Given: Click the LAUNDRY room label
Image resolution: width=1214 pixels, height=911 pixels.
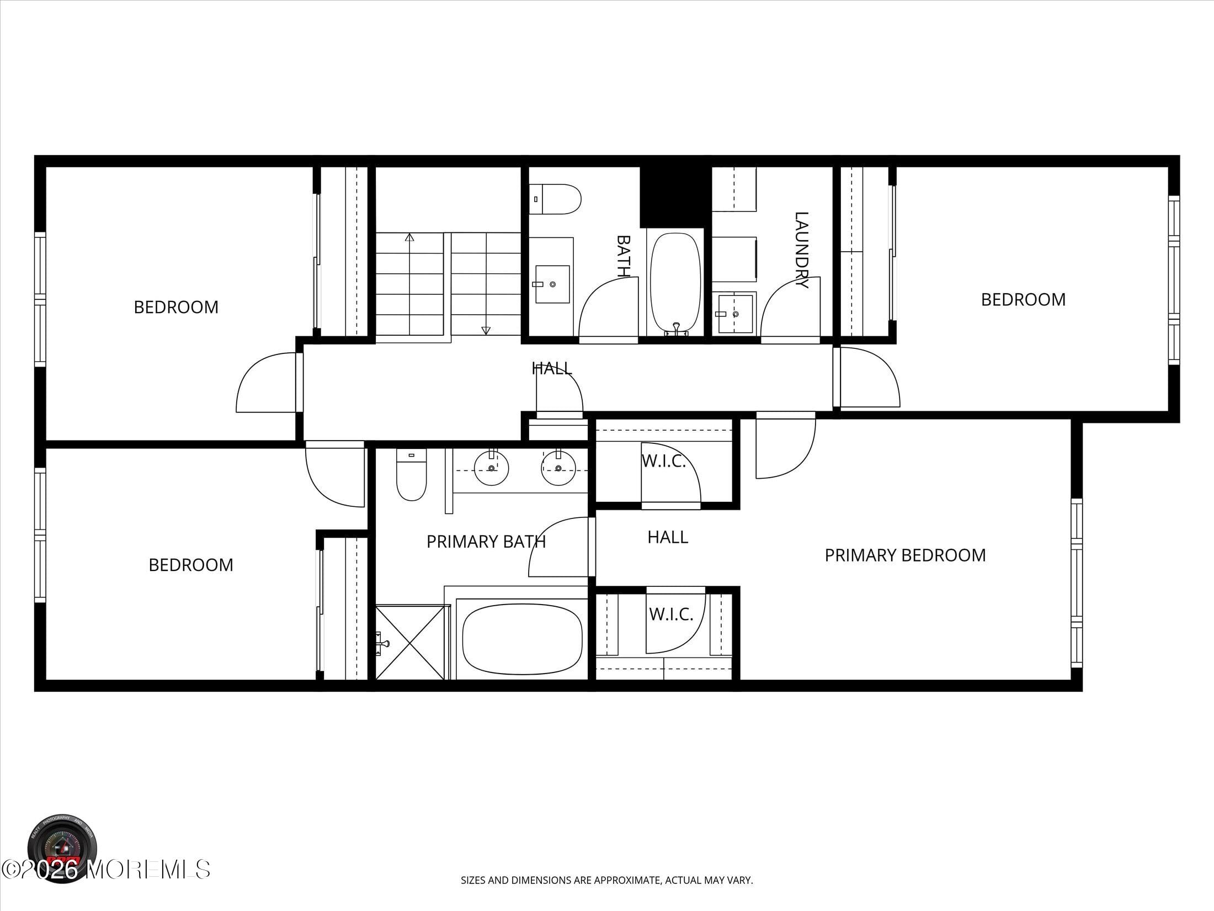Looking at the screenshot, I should coord(801,250).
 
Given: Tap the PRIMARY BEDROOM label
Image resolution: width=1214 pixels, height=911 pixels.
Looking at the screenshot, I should coord(905,555).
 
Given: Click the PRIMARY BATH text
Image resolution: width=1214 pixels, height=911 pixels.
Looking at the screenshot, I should coord(486,542).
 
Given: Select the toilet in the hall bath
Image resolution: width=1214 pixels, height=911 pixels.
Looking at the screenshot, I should coord(556,199).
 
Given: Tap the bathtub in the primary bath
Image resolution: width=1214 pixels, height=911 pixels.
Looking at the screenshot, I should coord(522,639).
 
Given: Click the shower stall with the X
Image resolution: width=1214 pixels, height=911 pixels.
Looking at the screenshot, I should coord(409,643).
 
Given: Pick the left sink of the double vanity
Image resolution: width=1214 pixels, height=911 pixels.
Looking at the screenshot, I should coord(491,468).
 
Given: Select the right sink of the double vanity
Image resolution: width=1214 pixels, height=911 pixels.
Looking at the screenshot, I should coord(558,468).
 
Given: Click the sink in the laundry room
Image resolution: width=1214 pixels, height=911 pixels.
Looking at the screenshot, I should coord(736,314).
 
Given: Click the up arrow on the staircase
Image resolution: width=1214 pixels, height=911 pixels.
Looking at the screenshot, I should coord(409,237).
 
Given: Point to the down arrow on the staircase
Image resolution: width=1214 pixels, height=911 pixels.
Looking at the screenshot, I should coord(486,330).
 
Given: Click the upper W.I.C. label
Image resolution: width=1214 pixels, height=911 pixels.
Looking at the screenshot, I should coord(663,461).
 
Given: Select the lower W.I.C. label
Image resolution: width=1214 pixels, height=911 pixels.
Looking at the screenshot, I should coord(671,614).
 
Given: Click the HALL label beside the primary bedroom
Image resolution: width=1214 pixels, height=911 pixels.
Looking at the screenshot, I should coord(668,537).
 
